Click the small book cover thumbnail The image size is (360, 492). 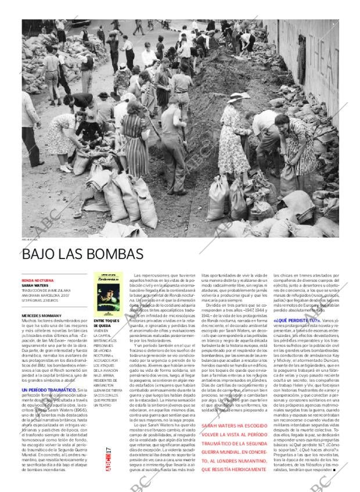pyautogui.click(x=105, y=294)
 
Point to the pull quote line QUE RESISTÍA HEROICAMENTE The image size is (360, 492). pyautogui.click(x=232, y=469)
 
